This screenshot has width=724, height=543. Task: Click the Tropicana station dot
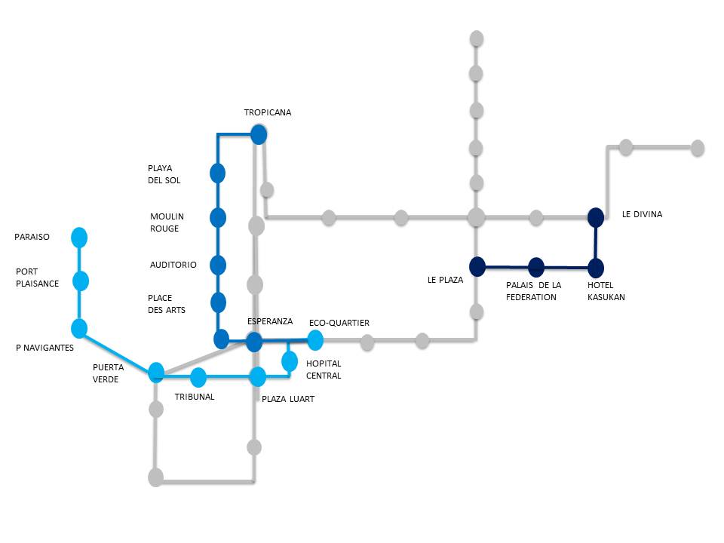pos(259,135)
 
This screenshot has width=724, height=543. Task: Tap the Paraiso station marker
pos(79,238)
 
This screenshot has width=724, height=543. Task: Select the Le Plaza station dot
pos(477,266)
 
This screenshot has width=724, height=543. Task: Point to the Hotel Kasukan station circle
pos(596,268)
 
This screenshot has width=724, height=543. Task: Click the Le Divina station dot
pos(596,217)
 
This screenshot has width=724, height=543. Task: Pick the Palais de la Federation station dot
pos(536,267)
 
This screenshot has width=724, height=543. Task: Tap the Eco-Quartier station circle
pos(315,341)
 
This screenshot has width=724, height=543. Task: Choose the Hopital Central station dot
pos(290,361)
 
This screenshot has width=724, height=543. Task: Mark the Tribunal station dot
pos(198,377)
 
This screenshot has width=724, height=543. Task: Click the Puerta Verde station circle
pos(156,372)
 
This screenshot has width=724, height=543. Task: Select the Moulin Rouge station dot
pos(218,218)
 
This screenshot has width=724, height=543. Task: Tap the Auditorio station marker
pos(218,265)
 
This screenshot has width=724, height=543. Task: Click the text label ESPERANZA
pos(270,321)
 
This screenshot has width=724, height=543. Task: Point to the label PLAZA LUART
pos(287,399)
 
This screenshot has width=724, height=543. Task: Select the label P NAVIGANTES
pos(44,347)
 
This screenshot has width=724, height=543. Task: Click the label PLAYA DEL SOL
pos(164,174)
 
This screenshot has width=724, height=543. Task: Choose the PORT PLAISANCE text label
pos(37,278)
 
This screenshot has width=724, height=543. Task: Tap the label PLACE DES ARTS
pos(167,304)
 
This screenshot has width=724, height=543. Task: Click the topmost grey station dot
pos(476,38)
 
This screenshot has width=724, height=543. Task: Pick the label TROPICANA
pos(267,112)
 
